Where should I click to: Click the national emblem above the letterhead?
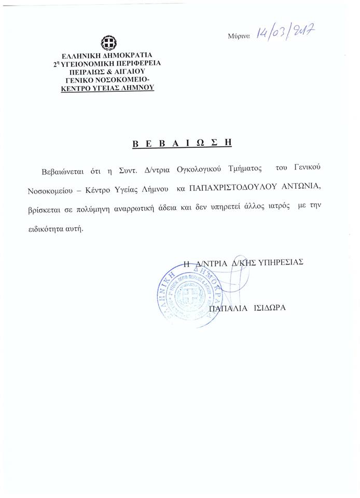click(108, 43)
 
